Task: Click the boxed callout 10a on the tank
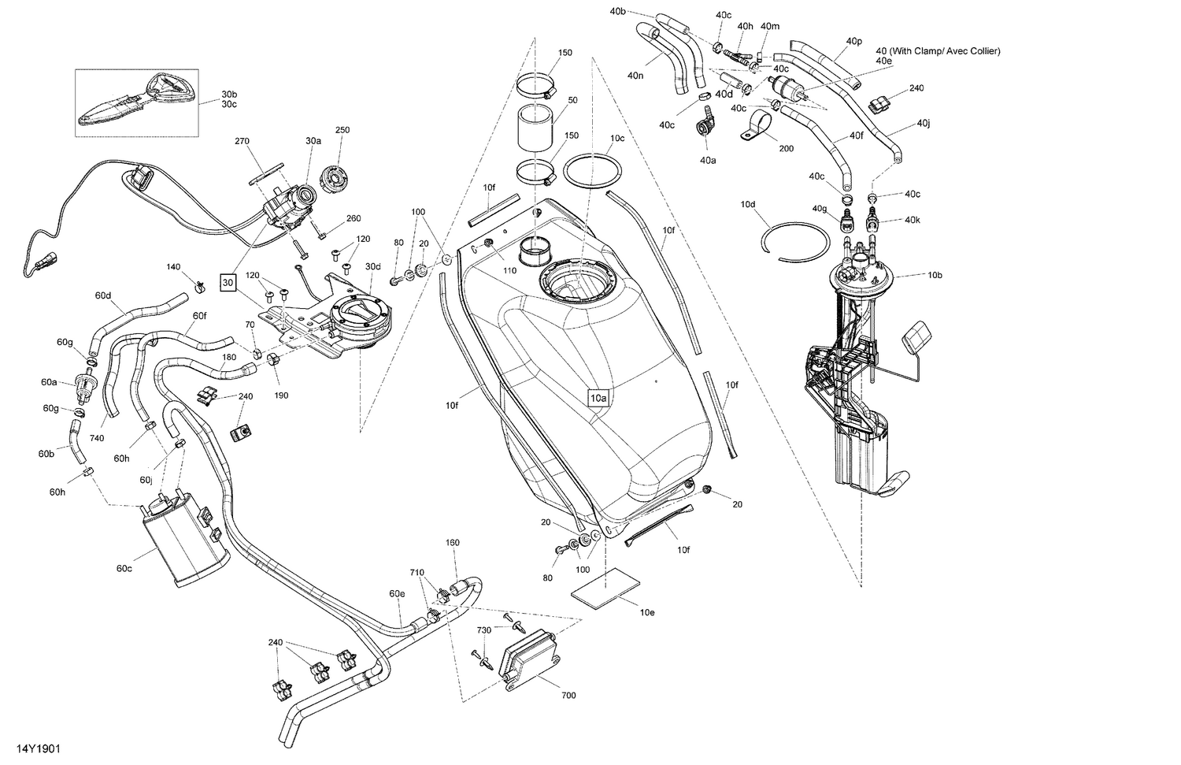click(x=598, y=399)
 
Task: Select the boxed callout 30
click(x=228, y=282)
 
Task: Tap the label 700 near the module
click(x=568, y=696)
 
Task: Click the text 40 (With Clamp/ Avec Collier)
click(x=938, y=51)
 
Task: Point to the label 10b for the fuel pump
click(x=935, y=275)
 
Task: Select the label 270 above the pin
click(x=242, y=141)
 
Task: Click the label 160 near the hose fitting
click(x=452, y=542)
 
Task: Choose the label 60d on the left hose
click(x=103, y=295)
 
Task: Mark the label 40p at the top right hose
click(x=854, y=40)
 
